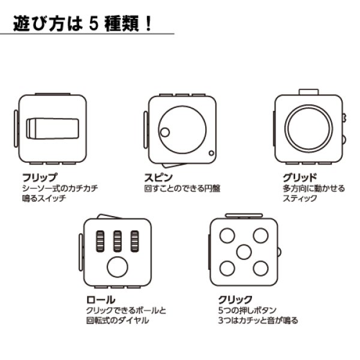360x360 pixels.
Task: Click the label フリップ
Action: coord(38,178)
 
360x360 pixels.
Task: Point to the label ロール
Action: coord(97,299)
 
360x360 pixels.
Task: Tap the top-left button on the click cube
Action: coord(227,235)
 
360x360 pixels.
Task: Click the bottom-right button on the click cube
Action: coord(260,266)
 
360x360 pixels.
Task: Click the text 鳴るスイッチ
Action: coord(43,198)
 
